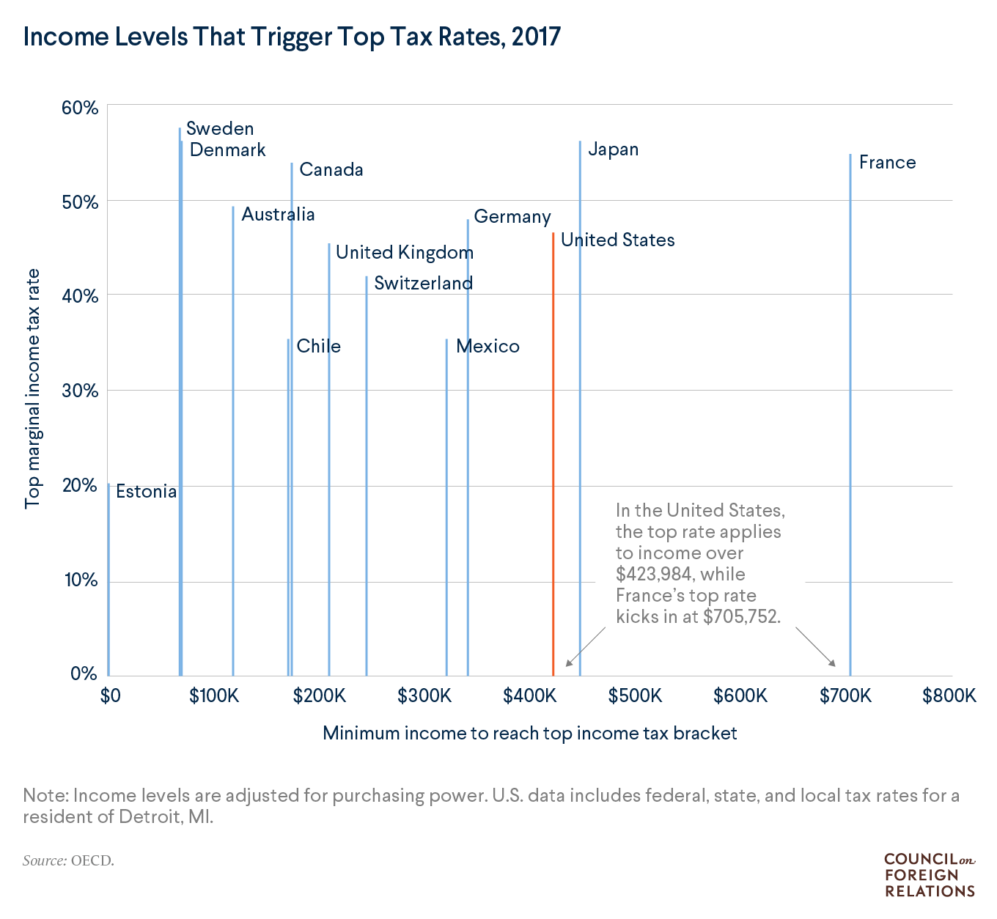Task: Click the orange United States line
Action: point(553,454)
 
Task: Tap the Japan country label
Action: point(613,150)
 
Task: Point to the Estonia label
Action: point(146,492)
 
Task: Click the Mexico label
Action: point(488,346)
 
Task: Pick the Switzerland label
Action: point(423,284)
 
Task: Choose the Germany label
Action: point(512,217)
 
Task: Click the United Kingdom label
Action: point(404,253)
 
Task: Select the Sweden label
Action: point(220,129)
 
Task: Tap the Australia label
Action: point(278,215)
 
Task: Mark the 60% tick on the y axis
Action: point(80,108)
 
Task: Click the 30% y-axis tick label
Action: point(80,391)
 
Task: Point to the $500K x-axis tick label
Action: point(635,695)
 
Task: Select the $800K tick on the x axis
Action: point(949,695)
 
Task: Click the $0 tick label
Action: point(110,695)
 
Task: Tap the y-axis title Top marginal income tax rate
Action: point(33,389)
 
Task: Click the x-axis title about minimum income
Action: point(529,733)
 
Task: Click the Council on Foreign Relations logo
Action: point(929,875)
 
